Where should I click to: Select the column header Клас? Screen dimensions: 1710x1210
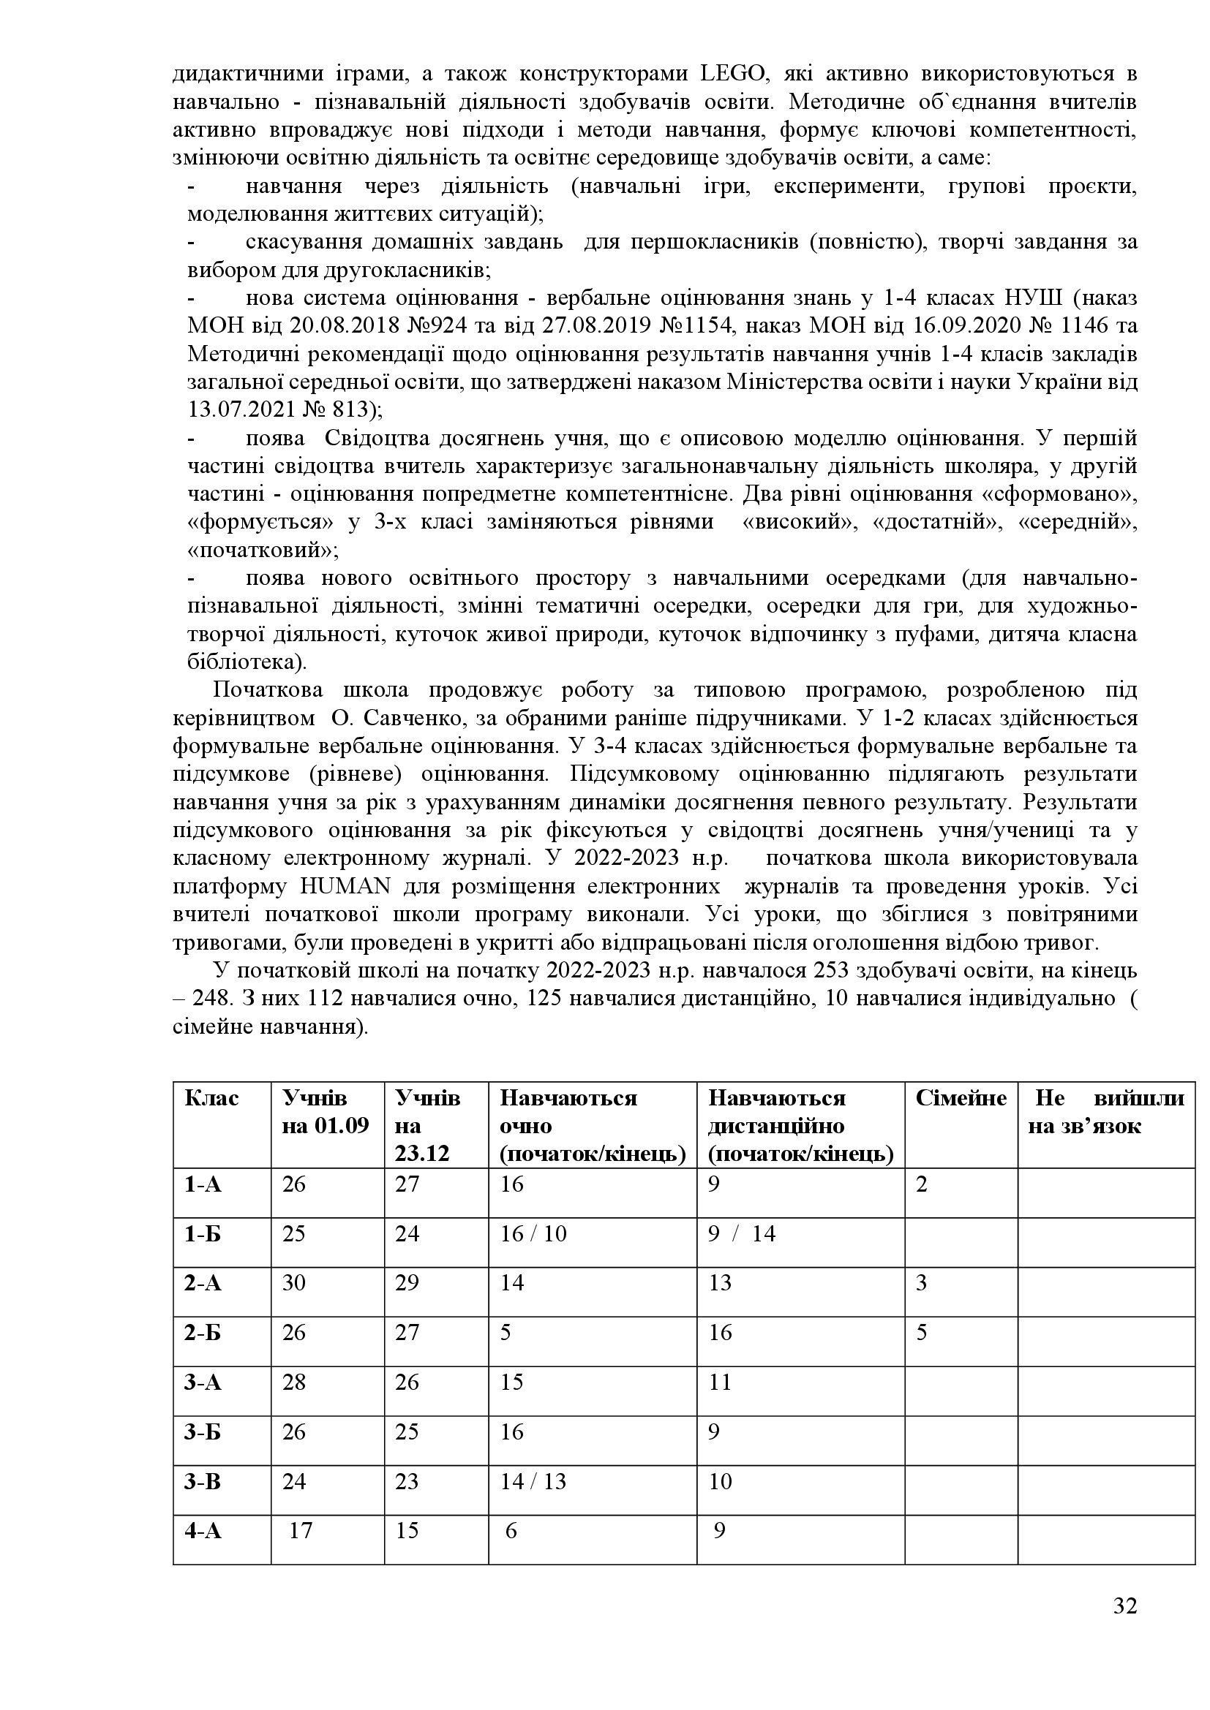pyautogui.click(x=211, y=1099)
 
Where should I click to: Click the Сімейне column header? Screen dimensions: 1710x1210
pyautogui.click(x=961, y=1099)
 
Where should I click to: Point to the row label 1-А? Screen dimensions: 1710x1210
pyautogui.click(x=203, y=1184)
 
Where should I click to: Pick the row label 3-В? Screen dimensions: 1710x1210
pyautogui.click(x=203, y=1481)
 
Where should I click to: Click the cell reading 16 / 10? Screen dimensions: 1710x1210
pyautogui.click(x=533, y=1234)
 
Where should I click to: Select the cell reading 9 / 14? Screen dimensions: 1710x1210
pyautogui.click(x=741, y=1234)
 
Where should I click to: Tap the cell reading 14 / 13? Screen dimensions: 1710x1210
pyautogui.click(x=533, y=1481)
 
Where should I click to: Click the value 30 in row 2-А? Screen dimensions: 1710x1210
pyautogui.click(x=294, y=1283)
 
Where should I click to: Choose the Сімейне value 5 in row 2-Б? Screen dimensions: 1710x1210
pyautogui.click(x=922, y=1333)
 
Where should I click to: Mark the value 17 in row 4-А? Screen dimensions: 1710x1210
pyautogui.click(x=300, y=1530)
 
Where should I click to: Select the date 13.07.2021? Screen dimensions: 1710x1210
pyautogui.click(x=241, y=409)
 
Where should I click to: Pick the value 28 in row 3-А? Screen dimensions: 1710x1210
pyautogui.click(x=294, y=1382)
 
